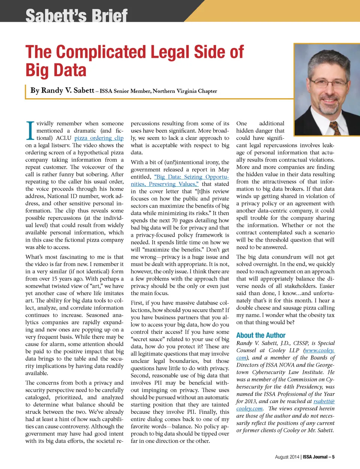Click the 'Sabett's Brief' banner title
point(76,16)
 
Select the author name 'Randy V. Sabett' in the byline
point(62,90)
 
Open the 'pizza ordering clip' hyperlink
point(99,138)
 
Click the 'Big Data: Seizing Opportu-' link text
point(191,177)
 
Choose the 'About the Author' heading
point(261,335)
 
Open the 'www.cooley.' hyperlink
point(319,350)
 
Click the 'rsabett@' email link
point(324,401)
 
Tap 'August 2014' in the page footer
point(287,457)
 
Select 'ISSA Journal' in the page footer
point(316,457)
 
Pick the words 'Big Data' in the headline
point(56,70)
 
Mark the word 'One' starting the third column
point(241,123)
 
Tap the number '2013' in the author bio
point(250,401)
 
